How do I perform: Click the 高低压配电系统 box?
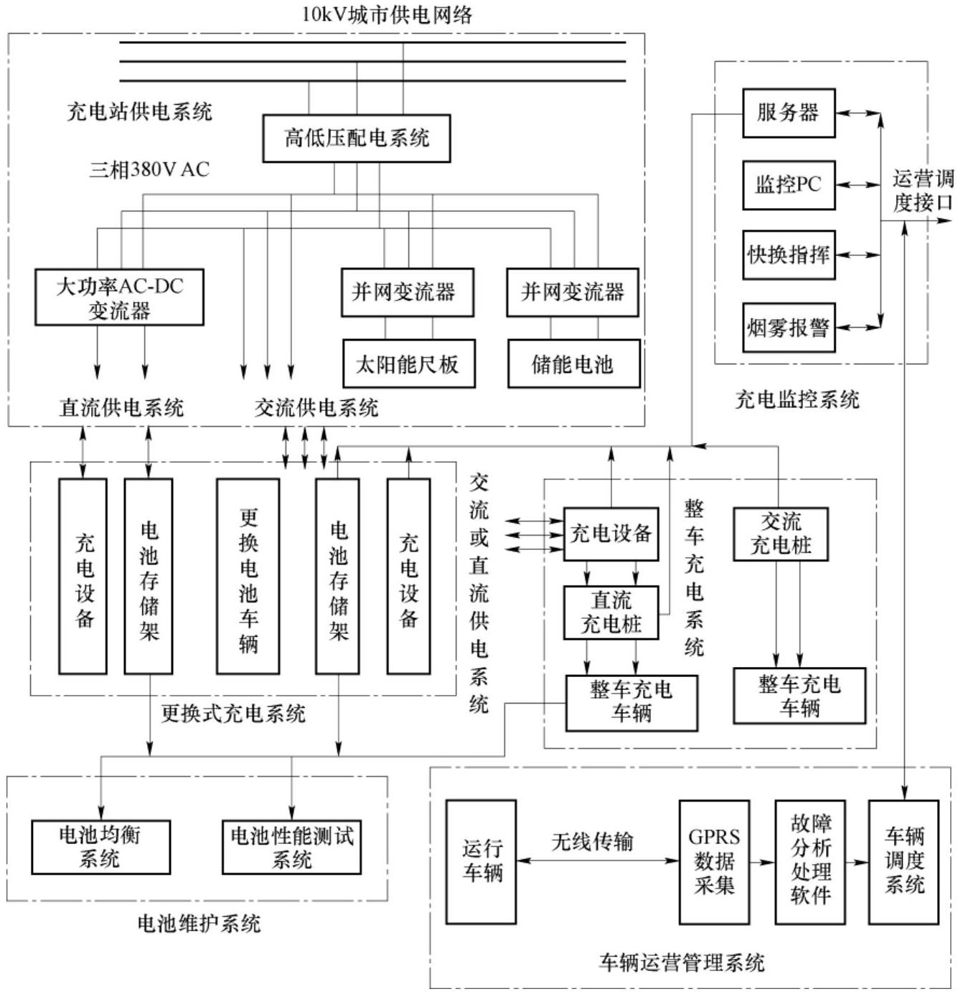[356, 138]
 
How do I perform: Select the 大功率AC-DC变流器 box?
[119, 298]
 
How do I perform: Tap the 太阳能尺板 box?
[408, 364]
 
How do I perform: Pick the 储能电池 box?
[573, 364]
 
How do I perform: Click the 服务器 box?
[788, 113]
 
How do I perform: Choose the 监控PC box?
[788, 185]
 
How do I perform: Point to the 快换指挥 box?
[788, 255]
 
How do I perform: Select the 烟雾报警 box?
[788, 328]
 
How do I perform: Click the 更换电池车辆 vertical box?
[248, 577]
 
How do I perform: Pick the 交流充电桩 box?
[780, 534]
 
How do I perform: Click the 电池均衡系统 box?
[100, 847]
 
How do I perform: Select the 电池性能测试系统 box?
[291, 847]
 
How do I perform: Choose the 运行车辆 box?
[481, 861]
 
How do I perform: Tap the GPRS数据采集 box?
[714, 861]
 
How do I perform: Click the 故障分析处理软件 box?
[809, 861]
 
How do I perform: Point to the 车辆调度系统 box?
[903, 861]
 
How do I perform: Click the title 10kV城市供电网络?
[387, 14]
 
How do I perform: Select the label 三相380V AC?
[149, 170]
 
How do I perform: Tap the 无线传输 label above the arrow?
[593, 841]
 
